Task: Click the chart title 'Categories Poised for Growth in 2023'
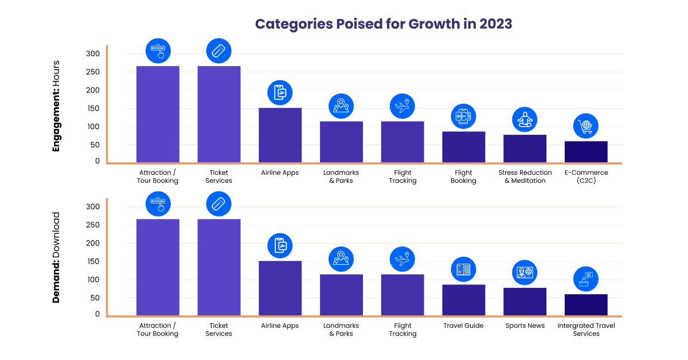point(384,24)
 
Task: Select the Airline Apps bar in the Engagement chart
point(280,135)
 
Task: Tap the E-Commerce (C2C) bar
point(586,152)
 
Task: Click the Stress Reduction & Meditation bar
point(525,148)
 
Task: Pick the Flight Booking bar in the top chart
point(463,147)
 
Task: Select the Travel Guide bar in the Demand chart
point(463,300)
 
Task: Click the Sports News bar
point(525,302)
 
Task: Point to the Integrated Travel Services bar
point(586,305)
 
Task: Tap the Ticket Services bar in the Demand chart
point(219,267)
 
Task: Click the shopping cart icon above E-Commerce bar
point(586,126)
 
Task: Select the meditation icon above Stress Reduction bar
point(525,120)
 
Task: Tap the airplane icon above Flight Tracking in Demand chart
point(402,259)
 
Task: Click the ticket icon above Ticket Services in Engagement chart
point(219,50)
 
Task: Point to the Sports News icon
point(525,273)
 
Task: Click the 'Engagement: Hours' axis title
point(56,106)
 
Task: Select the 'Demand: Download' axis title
point(56,257)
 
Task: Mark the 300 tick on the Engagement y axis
point(93,54)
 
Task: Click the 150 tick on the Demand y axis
point(93,261)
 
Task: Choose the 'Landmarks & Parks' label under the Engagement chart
point(341,177)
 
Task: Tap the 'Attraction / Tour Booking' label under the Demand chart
point(158,330)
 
